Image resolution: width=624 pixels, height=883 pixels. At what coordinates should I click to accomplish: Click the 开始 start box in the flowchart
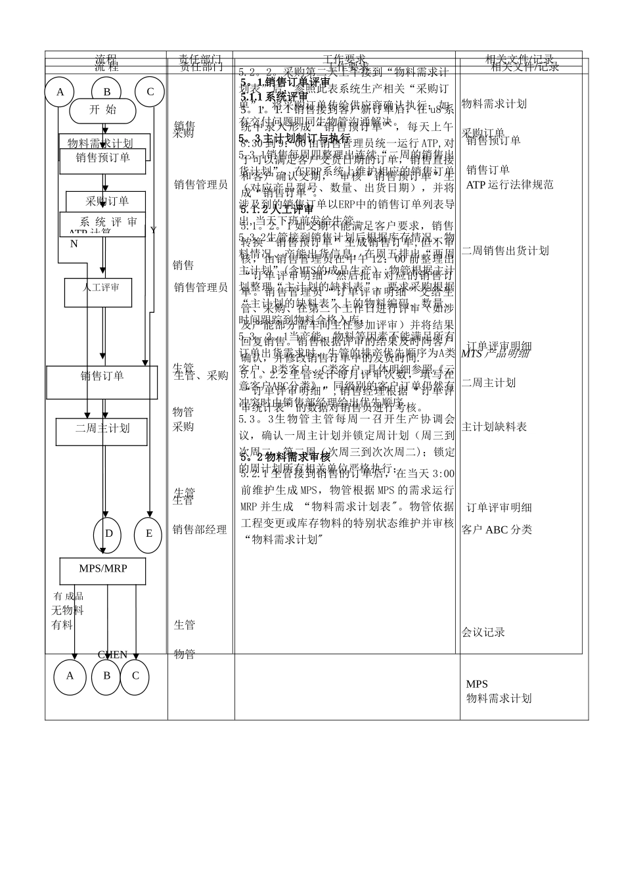tap(102, 110)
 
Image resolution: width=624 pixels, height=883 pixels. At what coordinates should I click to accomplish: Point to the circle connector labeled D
tap(108, 534)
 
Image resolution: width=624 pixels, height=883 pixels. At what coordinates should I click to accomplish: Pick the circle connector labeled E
tap(148, 534)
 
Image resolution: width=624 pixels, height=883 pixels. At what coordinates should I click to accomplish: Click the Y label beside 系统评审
tap(153, 231)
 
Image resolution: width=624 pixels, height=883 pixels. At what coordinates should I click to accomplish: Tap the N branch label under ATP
tap(74, 244)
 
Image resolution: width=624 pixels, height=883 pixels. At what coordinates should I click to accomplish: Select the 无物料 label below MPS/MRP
tap(68, 610)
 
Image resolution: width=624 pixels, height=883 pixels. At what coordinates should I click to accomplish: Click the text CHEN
tap(112, 655)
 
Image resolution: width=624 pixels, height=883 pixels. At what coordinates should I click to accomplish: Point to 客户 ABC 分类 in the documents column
tap(497, 530)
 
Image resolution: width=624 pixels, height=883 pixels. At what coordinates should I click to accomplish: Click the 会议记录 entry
tap(483, 632)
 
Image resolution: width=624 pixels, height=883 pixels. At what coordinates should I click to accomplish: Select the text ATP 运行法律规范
tap(510, 185)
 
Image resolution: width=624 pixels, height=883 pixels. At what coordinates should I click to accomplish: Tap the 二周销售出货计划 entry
tap(504, 250)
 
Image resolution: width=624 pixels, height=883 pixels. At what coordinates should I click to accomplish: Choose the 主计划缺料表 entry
tap(494, 427)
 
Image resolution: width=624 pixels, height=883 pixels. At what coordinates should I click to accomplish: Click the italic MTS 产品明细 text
tap(495, 354)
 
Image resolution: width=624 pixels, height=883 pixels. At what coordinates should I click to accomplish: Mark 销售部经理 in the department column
tap(200, 530)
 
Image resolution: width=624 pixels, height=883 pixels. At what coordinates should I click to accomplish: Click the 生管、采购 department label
tap(201, 376)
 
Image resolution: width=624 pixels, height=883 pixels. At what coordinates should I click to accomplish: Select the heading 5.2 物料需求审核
tap(284, 457)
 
